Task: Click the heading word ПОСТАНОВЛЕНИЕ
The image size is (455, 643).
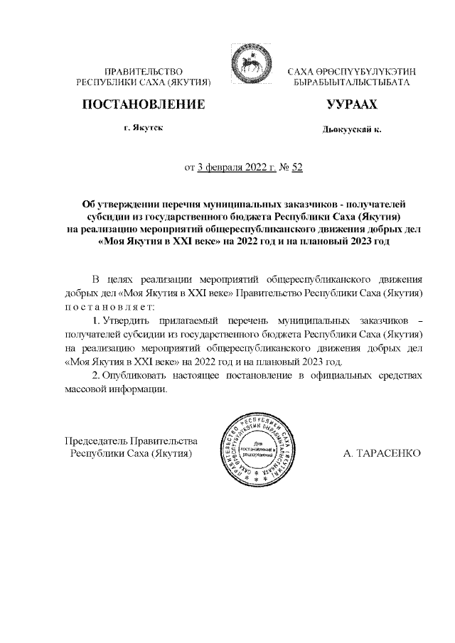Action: click(x=144, y=104)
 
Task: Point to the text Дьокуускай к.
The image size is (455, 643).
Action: click(x=352, y=130)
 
